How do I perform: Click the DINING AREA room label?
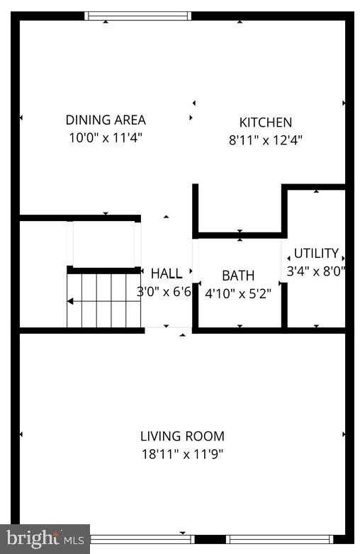click(106, 120)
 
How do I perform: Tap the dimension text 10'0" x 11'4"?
click(106, 137)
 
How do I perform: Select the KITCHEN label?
click(265, 123)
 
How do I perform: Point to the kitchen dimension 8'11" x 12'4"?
click(265, 140)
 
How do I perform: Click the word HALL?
click(166, 273)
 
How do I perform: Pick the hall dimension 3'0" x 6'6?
click(164, 291)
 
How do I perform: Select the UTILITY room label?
click(316, 254)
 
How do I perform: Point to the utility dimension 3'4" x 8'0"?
click(315, 271)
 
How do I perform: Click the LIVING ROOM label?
click(182, 436)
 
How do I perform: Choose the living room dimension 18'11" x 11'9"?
click(182, 454)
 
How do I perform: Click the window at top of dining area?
click(137, 16)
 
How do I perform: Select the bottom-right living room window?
click(281, 539)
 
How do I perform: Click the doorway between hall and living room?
click(168, 329)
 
